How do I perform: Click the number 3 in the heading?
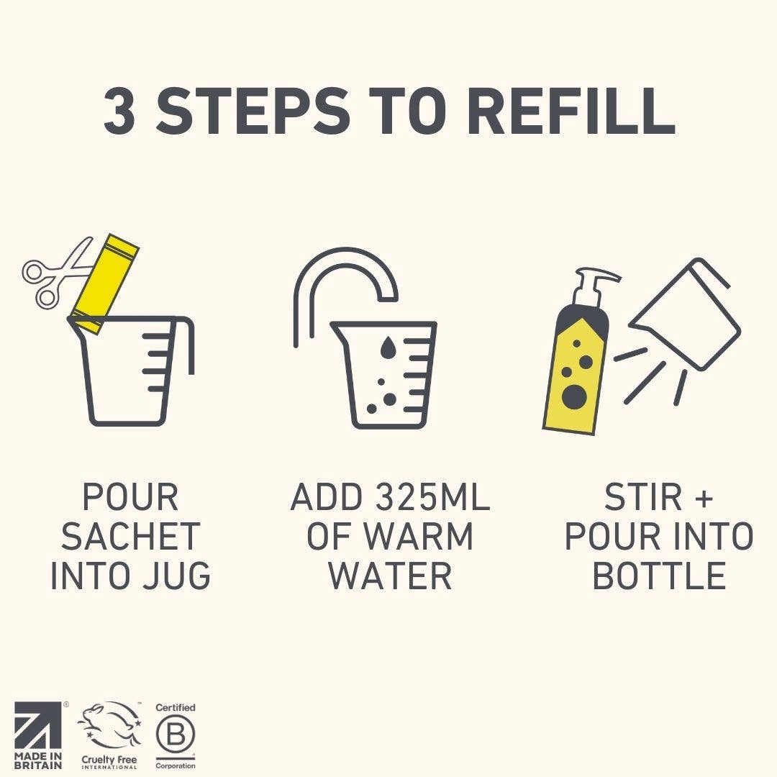click(119, 111)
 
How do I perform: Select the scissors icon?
click(57, 272)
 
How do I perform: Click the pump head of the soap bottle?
click(595, 286)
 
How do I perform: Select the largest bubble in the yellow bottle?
click(574, 396)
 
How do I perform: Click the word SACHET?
click(130, 536)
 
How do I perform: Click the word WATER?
click(391, 576)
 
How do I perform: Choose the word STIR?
click(643, 497)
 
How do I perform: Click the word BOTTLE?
click(659, 576)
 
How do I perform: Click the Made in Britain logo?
click(39, 735)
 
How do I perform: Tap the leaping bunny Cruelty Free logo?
click(109, 735)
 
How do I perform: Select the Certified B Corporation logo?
click(176, 736)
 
